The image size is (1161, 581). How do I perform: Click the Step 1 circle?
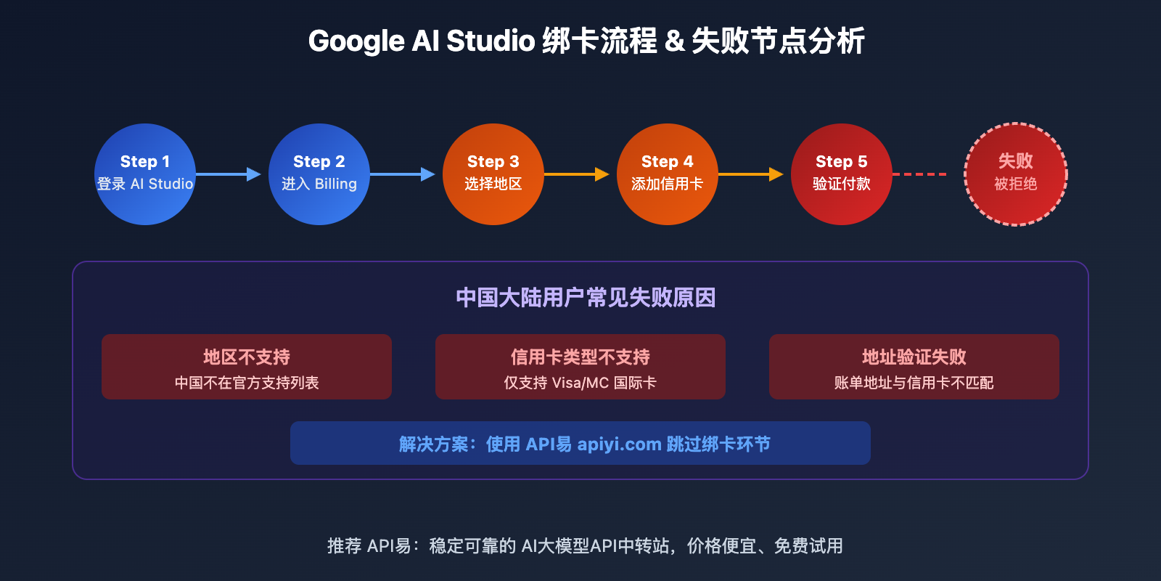[x=145, y=174]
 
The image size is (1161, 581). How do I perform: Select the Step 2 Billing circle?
[x=319, y=174]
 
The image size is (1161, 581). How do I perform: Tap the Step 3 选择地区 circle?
[x=493, y=174]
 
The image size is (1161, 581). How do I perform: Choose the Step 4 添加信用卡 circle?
[x=668, y=174]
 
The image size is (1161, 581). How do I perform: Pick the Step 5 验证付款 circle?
[x=842, y=174]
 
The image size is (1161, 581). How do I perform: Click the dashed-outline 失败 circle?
[x=1016, y=174]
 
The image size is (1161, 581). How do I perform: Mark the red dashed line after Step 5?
[x=919, y=174]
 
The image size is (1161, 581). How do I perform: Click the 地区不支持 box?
[x=247, y=367]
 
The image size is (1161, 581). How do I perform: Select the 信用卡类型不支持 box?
[x=580, y=367]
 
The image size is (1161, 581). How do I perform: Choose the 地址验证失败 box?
[x=914, y=367]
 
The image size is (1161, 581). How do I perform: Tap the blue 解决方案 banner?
[x=580, y=443]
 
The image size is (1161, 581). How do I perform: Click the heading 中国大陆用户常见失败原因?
[x=586, y=298]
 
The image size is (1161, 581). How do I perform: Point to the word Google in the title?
[x=356, y=41]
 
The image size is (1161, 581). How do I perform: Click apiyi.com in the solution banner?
[x=619, y=444]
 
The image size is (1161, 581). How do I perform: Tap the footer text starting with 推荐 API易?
[x=585, y=545]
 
